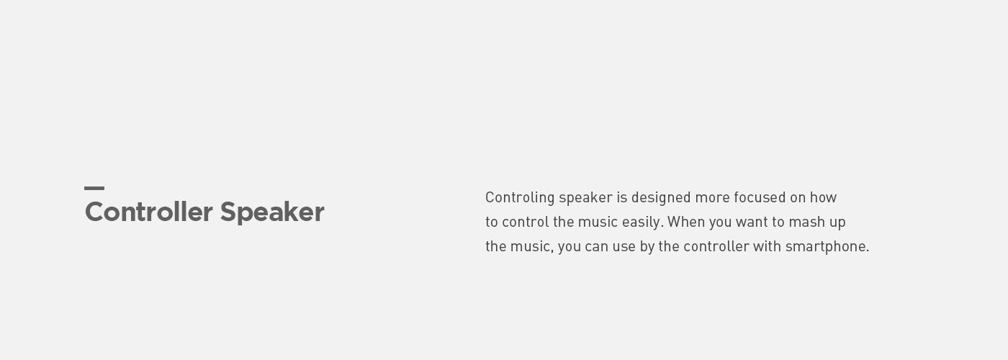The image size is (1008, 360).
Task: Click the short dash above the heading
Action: (94, 188)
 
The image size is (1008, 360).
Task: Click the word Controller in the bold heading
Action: (149, 212)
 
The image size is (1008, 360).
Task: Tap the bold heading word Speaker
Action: (272, 213)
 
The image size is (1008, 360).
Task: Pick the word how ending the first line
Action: (824, 197)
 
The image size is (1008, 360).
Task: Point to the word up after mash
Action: (837, 222)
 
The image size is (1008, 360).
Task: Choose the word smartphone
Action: (827, 246)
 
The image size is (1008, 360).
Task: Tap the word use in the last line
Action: (624, 246)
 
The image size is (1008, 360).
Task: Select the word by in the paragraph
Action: (647, 247)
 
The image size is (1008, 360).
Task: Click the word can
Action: (596, 246)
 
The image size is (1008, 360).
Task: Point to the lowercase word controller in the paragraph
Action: (716, 246)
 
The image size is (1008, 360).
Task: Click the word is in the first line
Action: (622, 197)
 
